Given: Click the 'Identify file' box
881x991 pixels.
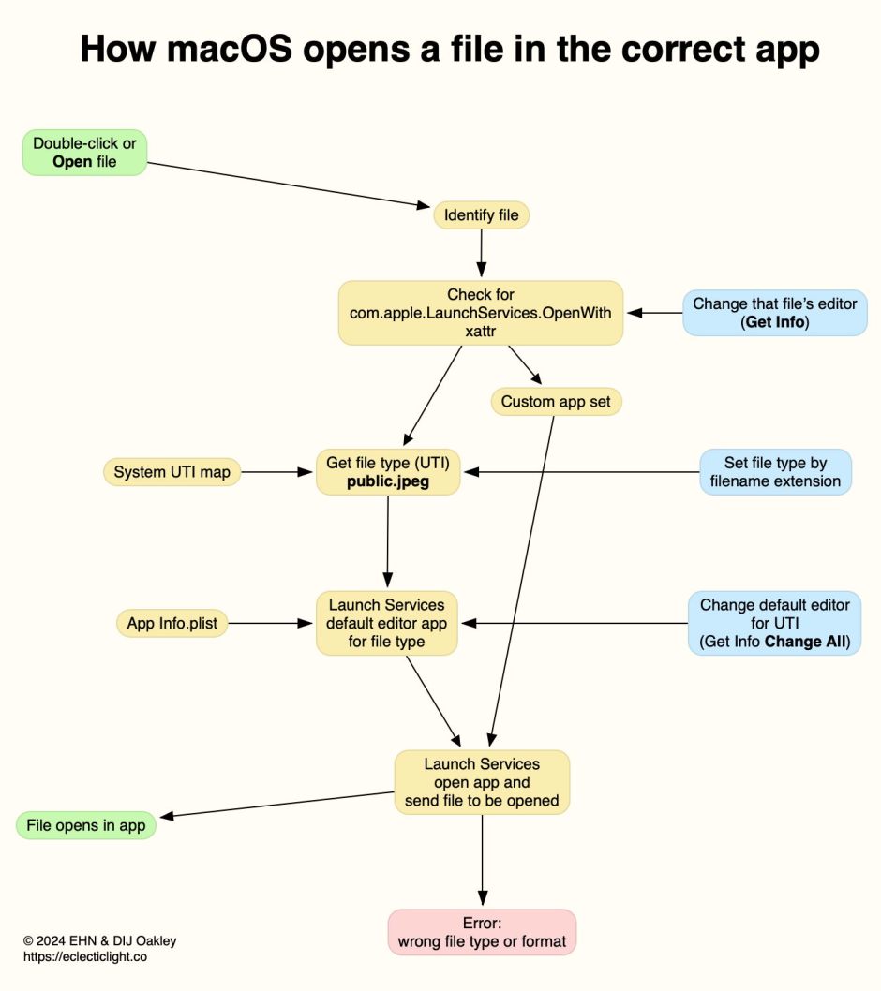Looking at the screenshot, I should (481, 215).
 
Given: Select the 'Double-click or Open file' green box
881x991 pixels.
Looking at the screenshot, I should (85, 153).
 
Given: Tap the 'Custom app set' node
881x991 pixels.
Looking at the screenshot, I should (556, 402).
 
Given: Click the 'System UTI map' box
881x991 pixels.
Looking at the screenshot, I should (172, 472).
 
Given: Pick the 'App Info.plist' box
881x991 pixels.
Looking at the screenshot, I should (172, 622).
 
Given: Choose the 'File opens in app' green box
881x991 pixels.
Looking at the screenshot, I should (86, 825).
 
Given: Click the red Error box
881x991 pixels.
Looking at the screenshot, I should (482, 932).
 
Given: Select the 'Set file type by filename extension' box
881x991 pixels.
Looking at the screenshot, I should (775, 472).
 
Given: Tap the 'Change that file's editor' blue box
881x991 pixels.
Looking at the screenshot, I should (775, 313).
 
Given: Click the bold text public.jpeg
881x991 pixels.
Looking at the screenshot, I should (388, 482).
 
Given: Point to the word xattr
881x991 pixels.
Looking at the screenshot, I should (480, 332).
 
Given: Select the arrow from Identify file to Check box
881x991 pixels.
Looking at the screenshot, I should (481, 250).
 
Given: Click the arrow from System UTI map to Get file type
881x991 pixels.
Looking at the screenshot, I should (276, 472).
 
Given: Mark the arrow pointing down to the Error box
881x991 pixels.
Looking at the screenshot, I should (482, 857).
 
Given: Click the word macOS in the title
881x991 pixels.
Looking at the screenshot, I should (230, 49).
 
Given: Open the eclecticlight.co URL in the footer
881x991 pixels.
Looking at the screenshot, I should (85, 957).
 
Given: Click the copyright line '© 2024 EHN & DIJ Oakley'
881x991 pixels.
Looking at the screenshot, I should (99, 940).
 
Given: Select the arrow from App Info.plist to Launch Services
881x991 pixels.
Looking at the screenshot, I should (272, 622).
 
